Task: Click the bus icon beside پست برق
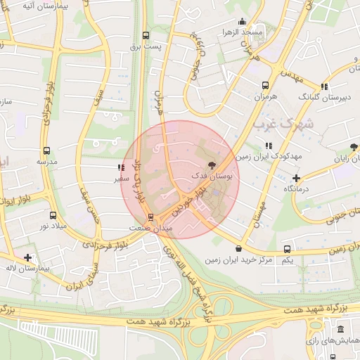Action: coord(146,35)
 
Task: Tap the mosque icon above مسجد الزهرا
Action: coord(243,21)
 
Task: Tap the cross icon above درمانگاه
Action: coord(297,178)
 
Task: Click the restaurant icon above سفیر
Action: coord(122,168)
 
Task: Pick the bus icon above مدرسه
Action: coord(46,150)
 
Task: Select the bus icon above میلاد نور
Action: coord(53,215)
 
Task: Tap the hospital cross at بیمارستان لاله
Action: coord(27,258)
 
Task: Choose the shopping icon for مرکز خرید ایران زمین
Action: coord(240,249)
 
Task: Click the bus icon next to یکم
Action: coord(287,250)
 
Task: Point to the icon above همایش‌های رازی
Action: coord(340,329)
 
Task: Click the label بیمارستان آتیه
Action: coord(29,6)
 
